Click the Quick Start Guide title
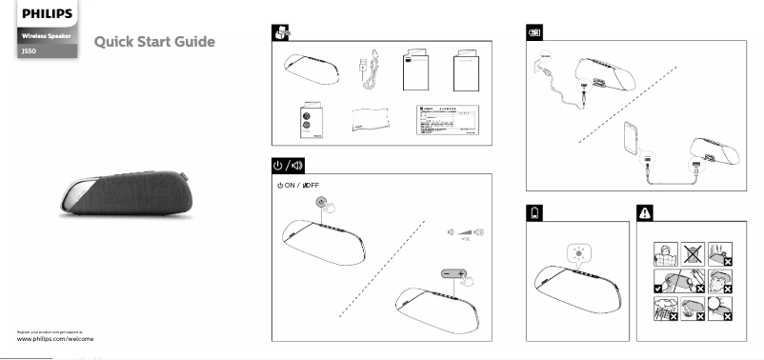(x=154, y=42)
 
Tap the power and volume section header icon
(x=283, y=164)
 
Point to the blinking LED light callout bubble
(x=578, y=253)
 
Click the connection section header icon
(x=536, y=32)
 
